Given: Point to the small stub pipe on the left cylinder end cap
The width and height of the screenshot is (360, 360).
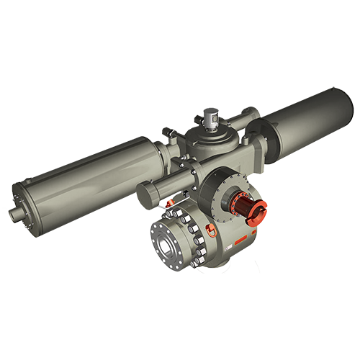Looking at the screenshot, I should (17, 213).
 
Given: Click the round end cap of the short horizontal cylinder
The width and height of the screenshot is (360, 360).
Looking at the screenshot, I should (145, 194).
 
